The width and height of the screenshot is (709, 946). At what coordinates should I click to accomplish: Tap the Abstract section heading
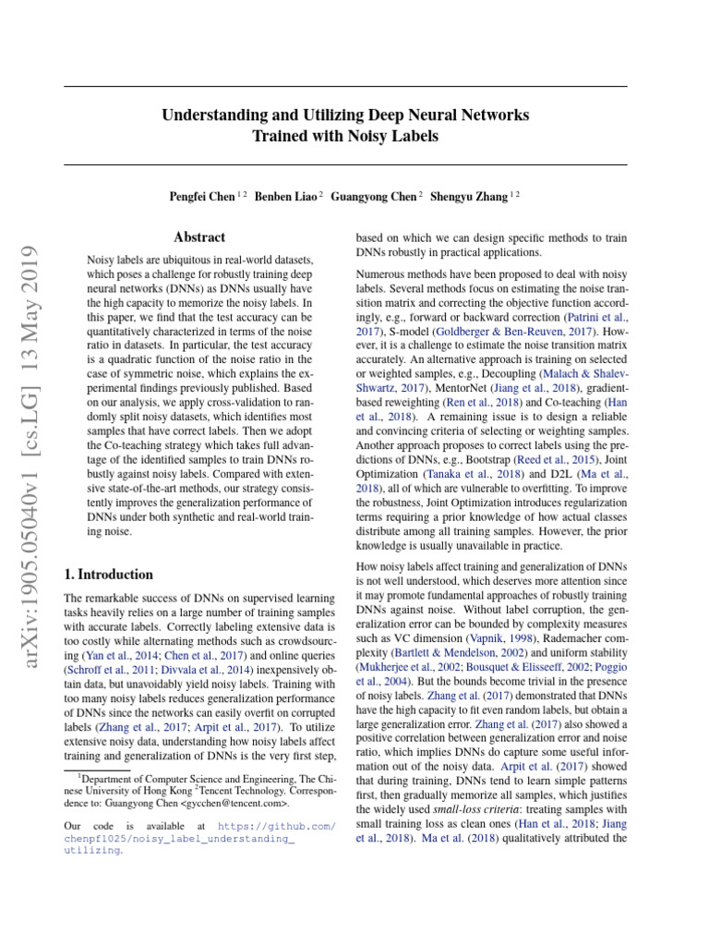[x=199, y=237]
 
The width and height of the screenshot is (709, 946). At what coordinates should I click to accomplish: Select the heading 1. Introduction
[x=109, y=574]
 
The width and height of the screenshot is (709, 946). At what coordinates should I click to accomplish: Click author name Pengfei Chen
[x=200, y=196]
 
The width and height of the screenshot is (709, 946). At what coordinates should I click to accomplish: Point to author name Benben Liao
[x=287, y=196]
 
